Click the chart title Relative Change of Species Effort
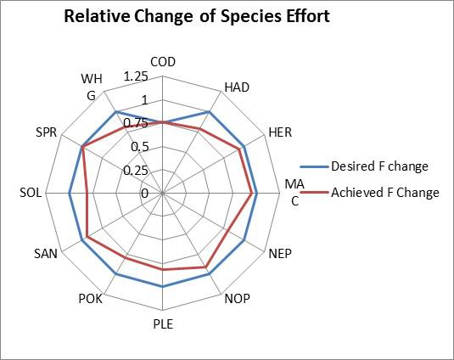(x=197, y=16)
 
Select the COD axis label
(x=163, y=62)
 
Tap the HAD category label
(x=237, y=87)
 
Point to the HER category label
(x=280, y=132)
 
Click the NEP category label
(x=280, y=253)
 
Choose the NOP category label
(x=237, y=298)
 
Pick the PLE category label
(x=163, y=323)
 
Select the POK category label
(x=90, y=299)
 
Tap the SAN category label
(x=46, y=254)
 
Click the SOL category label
(x=31, y=193)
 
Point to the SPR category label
(x=47, y=132)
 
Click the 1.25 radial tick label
(x=136, y=76)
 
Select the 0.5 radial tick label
(x=140, y=147)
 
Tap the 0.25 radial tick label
(x=136, y=171)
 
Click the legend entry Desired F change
(x=364, y=166)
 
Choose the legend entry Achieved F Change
(x=370, y=192)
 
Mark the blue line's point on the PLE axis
(x=163, y=287)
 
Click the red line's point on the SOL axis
(x=87, y=194)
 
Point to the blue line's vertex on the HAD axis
(x=210, y=112)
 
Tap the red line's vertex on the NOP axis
(x=206, y=267)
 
